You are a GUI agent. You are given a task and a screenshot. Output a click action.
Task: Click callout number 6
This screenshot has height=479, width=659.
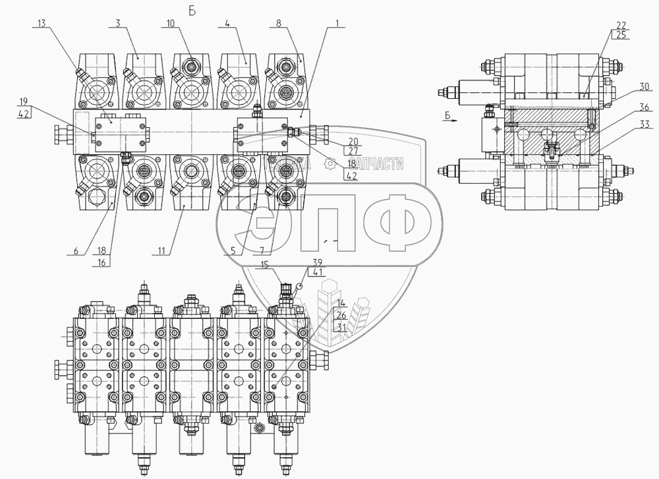pyautogui.click(x=75, y=250)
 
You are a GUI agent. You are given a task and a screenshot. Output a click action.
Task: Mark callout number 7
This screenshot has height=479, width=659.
pyautogui.click(x=264, y=250)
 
